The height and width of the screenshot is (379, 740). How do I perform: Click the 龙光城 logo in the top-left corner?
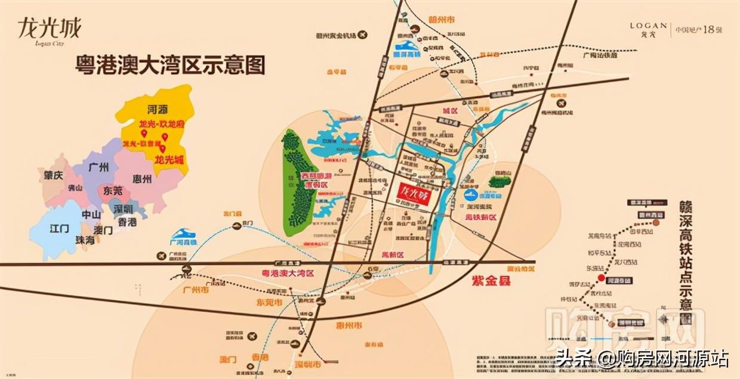tap(49, 30)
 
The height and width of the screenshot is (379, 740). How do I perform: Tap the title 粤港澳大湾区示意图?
tap(170, 65)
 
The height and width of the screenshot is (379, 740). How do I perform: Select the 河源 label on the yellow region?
tap(156, 110)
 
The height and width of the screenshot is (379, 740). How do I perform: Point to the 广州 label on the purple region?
tap(99, 167)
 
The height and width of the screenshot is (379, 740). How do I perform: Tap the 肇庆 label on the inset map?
tap(54, 176)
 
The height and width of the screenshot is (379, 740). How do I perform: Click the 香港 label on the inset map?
tap(127, 222)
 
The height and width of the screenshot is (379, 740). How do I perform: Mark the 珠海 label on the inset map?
tap(85, 239)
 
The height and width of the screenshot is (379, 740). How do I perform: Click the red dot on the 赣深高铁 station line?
tap(602, 279)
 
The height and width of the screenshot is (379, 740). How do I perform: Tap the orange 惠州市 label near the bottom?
tap(348, 326)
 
